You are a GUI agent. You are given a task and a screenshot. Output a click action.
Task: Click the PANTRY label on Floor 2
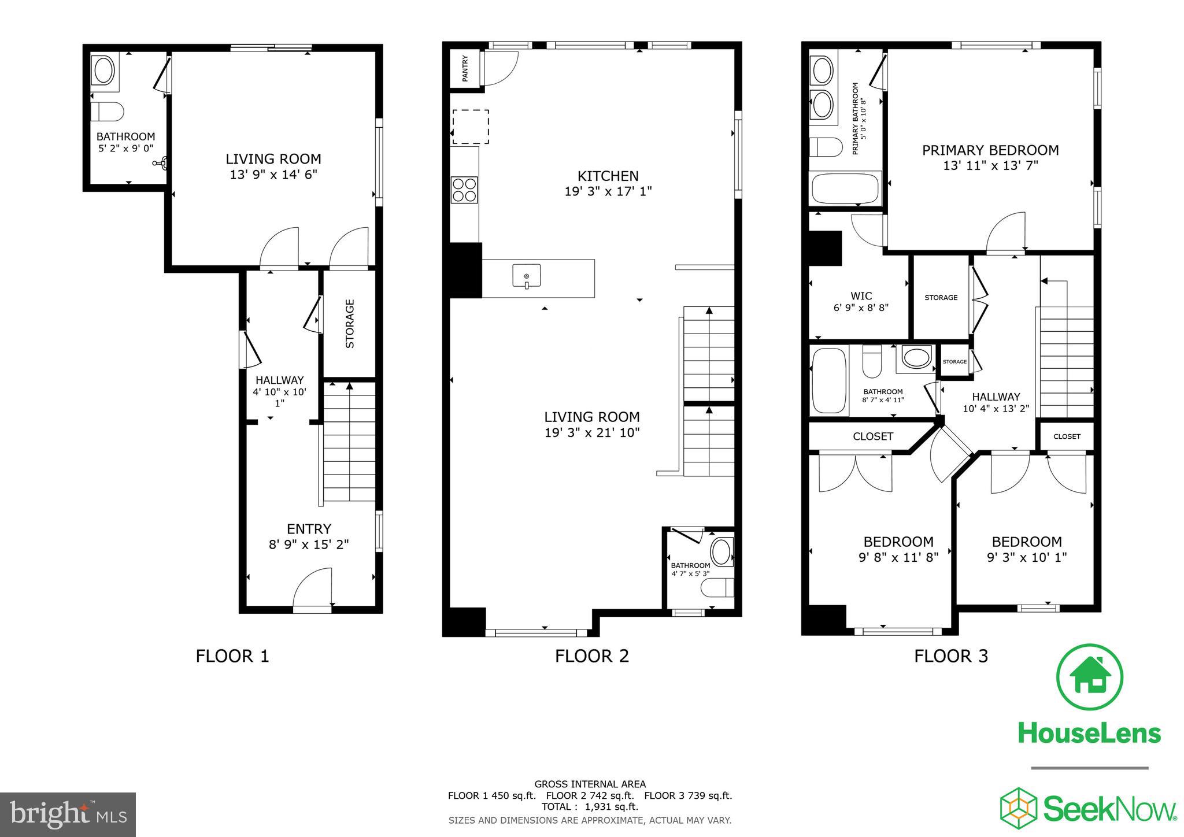pos(465,68)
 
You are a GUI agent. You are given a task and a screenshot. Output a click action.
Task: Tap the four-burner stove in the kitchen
pos(464,190)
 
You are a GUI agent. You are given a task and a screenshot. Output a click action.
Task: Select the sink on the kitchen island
pos(526,276)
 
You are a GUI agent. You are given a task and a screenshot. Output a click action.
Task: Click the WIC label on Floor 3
pos(861,296)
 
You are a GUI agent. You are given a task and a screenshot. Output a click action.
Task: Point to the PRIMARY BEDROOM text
pos(990,150)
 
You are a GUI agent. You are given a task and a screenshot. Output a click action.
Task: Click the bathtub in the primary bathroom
pos(845,188)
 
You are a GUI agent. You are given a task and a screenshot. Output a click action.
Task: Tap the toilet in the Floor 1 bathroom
pos(108,112)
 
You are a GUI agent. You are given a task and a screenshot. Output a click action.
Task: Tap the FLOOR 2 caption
pos(591,656)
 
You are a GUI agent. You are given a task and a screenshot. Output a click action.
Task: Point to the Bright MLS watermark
pos(68,814)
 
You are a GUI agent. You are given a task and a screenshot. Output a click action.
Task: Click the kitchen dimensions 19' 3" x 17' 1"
pos(608,191)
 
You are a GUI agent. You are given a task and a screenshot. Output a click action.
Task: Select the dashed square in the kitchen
pos(470,127)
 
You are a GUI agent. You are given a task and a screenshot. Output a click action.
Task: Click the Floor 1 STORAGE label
pos(350,324)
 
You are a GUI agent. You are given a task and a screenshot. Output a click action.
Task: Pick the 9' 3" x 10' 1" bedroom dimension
pos(1026,557)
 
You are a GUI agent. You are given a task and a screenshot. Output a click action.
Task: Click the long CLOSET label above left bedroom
pos(872,436)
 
